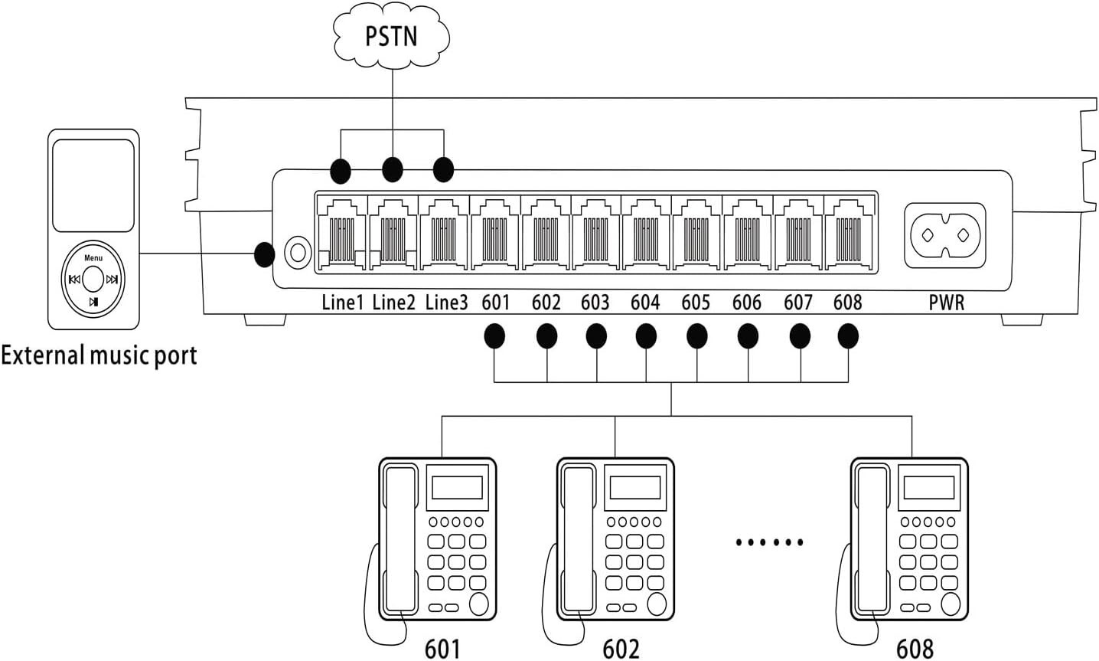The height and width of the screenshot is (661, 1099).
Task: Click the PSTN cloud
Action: point(391,35)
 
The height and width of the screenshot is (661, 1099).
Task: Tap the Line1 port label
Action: point(342,303)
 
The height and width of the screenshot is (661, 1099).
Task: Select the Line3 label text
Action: point(446,303)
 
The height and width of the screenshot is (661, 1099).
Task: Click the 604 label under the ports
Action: point(645,303)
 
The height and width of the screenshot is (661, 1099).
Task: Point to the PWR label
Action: point(946,303)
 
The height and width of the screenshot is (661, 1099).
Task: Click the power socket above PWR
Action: point(945,235)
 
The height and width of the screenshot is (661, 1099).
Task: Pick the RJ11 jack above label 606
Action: point(747,233)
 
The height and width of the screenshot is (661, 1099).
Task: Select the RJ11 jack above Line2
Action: point(393,233)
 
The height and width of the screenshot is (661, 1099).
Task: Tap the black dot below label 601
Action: point(495,335)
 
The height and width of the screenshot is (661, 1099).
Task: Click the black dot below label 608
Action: point(848,335)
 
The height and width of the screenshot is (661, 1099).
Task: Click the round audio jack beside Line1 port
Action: point(297,250)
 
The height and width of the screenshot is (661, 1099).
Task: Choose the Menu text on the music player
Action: point(93,258)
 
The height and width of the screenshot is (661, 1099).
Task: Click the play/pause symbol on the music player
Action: point(93,302)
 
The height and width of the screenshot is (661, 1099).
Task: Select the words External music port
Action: point(99,355)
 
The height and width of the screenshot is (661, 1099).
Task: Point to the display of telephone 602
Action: point(634,487)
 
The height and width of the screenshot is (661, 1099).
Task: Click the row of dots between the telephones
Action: point(770,542)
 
